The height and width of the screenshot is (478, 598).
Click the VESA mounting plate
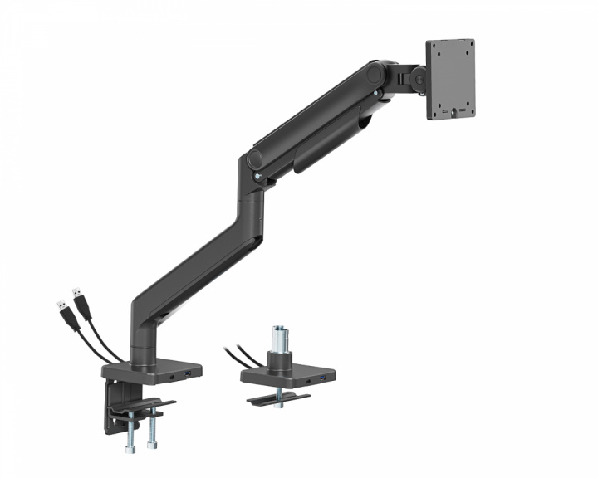(x=450, y=79)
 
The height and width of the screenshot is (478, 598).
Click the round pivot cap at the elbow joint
(x=252, y=162)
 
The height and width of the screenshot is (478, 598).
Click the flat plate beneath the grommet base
(x=278, y=399)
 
